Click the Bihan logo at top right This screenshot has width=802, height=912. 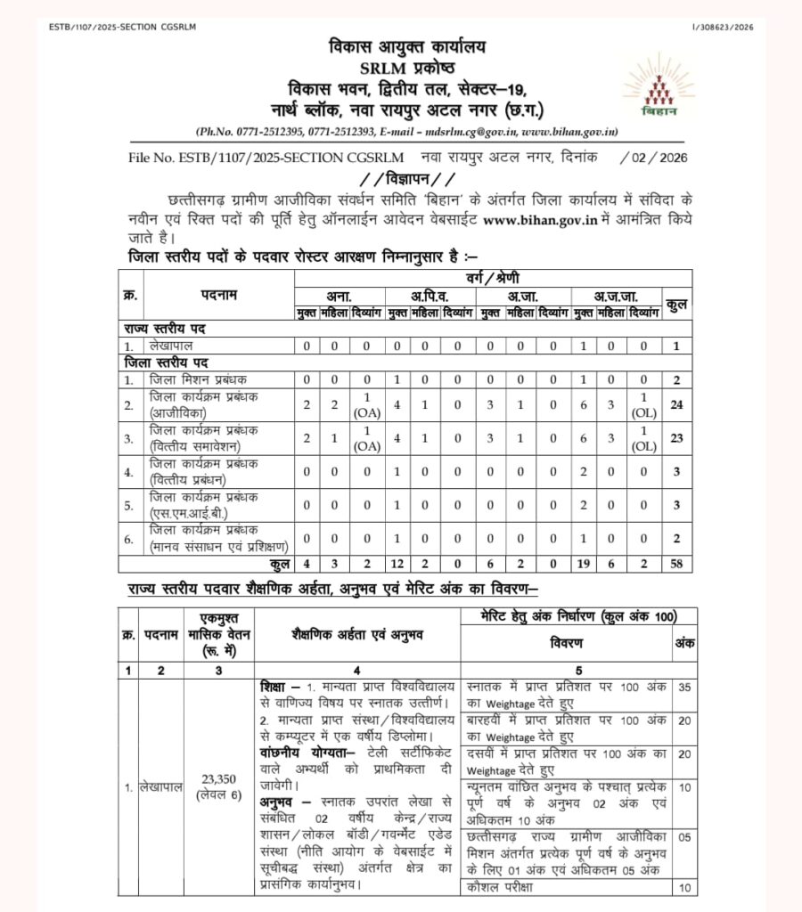[x=659, y=86]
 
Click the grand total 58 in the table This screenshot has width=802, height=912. [x=676, y=564]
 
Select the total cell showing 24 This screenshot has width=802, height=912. [x=676, y=405]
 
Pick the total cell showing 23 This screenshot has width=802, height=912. [x=676, y=437]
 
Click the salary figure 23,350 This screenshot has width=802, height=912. [x=218, y=778]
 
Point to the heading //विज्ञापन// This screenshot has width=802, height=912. [x=400, y=178]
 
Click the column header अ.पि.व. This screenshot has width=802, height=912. [x=430, y=296]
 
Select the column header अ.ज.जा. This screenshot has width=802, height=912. [x=614, y=296]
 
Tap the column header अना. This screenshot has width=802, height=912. [x=339, y=296]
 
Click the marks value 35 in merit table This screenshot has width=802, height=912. [x=684, y=688]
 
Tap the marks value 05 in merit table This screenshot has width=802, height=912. [x=684, y=838]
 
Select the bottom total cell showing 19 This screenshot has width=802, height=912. [x=584, y=564]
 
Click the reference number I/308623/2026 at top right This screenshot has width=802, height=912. [x=721, y=27]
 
